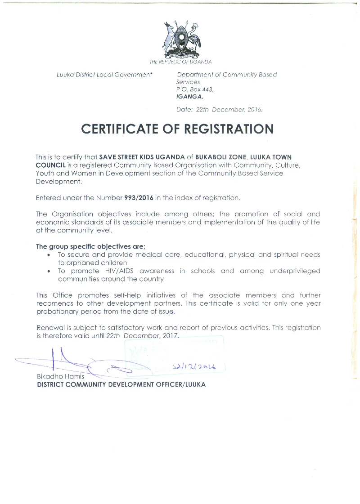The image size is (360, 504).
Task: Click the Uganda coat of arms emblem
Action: click(181, 39)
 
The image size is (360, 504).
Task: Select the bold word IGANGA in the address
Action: click(189, 96)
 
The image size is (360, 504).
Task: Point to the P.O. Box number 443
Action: click(207, 89)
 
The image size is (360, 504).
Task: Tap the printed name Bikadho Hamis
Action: click(60, 376)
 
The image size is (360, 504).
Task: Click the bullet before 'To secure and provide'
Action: click(49, 255)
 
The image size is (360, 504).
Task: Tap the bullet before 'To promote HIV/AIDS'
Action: click(49, 271)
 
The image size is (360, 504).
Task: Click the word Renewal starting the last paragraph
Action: click(50, 328)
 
